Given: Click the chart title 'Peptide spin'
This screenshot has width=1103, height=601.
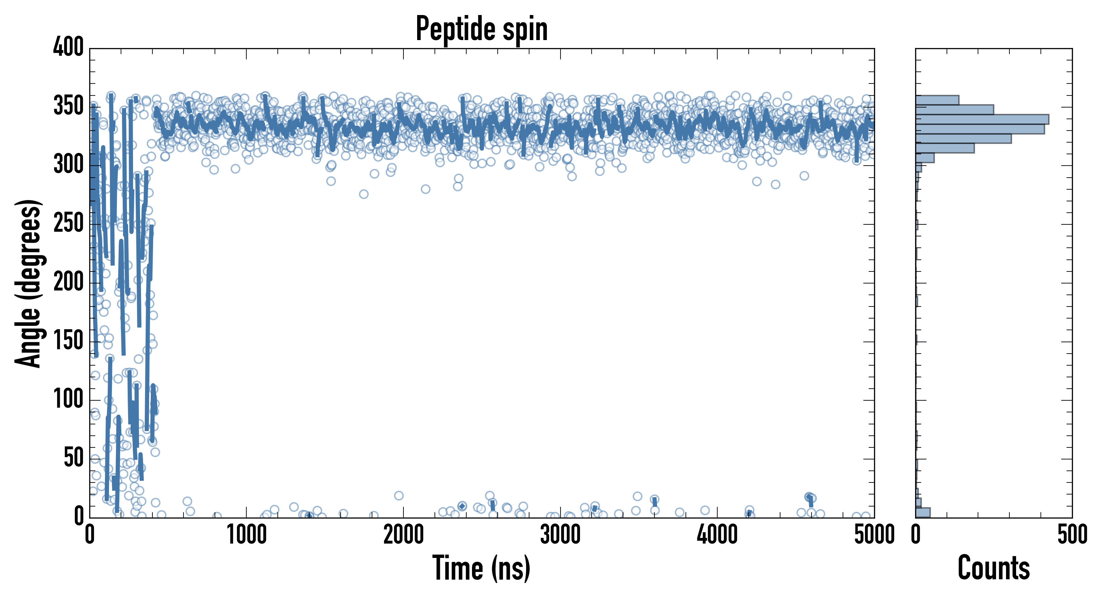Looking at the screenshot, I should (x=482, y=29).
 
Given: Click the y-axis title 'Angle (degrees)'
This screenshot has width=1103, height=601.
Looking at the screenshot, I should (x=28, y=283).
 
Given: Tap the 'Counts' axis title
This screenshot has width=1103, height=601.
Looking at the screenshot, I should (x=993, y=568).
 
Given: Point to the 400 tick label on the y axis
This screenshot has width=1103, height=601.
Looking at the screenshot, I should (x=69, y=47).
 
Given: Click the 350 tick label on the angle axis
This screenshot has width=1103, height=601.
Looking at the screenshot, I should (x=69, y=106).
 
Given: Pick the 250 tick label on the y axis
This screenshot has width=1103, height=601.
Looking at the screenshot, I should (x=69, y=224).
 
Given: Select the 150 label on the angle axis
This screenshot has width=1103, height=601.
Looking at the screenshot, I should (x=69, y=341).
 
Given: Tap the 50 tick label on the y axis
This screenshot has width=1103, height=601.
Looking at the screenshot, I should (x=74, y=458).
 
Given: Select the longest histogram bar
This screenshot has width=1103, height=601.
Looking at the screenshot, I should (x=982, y=119).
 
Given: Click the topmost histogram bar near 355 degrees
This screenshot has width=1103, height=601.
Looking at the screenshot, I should (x=937, y=100).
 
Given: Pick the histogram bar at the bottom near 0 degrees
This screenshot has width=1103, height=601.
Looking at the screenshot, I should (x=923, y=513).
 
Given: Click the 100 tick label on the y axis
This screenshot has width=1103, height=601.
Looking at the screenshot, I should (x=69, y=400).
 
